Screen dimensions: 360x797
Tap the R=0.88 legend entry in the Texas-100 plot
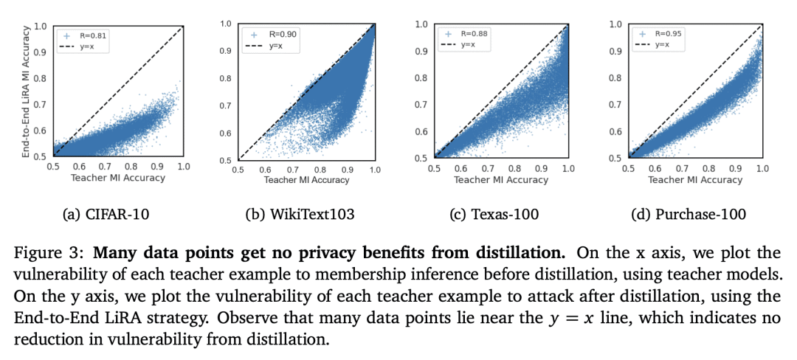pos(472,33)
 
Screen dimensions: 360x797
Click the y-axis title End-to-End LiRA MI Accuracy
pos(28,91)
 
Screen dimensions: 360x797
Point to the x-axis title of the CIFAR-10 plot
pos(117,178)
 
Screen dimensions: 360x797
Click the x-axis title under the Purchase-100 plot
pos(696,179)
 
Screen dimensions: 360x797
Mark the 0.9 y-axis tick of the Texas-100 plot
pos(421,52)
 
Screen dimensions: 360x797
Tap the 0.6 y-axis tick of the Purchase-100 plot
pos(614,131)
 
